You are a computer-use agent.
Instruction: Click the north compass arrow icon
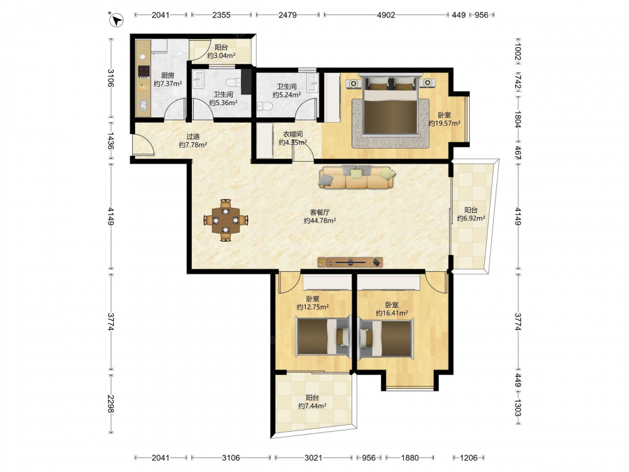[x=116, y=20]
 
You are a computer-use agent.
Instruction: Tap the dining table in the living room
[x=226, y=220]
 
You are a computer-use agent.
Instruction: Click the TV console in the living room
[x=350, y=262]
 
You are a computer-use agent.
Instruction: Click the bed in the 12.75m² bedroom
[x=323, y=336]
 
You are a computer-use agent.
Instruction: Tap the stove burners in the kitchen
[x=143, y=71]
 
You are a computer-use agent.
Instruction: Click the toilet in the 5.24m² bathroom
[x=265, y=106]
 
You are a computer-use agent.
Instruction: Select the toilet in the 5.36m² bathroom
[x=233, y=83]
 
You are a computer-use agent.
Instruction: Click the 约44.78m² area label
[x=320, y=220]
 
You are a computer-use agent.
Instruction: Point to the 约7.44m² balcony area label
[x=312, y=406]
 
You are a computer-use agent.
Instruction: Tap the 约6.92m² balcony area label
[x=471, y=218]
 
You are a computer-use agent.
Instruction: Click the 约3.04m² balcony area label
[x=221, y=56]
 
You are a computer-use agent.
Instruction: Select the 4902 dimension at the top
[x=386, y=15]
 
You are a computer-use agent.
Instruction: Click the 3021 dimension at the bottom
[x=313, y=458]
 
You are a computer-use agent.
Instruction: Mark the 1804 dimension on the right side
[x=518, y=119]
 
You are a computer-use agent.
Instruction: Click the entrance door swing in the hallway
[x=143, y=145]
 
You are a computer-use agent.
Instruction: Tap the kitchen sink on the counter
[x=143, y=106]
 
